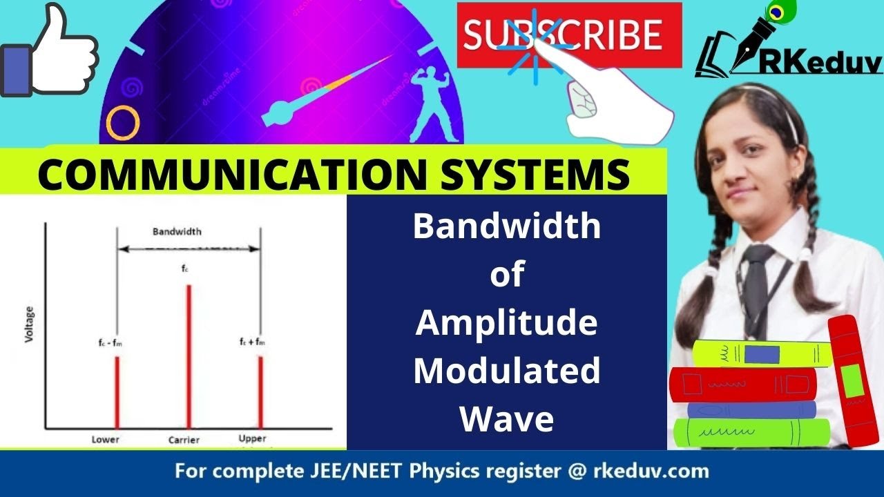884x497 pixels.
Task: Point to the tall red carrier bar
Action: tap(189, 355)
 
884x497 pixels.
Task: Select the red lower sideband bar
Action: tap(117, 391)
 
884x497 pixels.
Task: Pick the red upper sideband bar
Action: tap(260, 391)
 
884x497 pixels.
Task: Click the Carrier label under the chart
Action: tap(184, 440)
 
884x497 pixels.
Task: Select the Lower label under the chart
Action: tap(106, 440)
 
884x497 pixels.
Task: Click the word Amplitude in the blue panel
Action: tap(506, 323)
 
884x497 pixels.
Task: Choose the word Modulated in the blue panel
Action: tap(506, 371)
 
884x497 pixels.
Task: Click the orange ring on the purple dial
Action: tap(123, 122)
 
